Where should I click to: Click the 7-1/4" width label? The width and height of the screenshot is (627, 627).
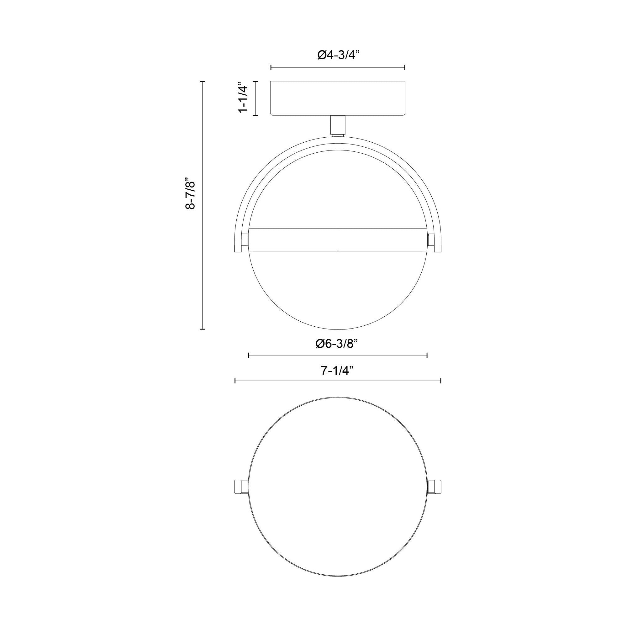pyautogui.click(x=337, y=370)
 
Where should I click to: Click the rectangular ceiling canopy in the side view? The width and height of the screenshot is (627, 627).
pyautogui.click(x=338, y=98)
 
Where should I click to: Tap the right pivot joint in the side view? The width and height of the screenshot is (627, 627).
pyautogui.click(x=431, y=240)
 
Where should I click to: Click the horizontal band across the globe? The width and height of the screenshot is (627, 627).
pyautogui.click(x=338, y=240)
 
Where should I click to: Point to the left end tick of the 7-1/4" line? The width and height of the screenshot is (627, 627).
pyautogui.click(x=235, y=381)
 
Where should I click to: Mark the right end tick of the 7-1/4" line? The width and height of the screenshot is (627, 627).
pyautogui.click(x=441, y=381)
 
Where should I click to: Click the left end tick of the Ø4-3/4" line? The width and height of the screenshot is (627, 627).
pyautogui.click(x=271, y=67)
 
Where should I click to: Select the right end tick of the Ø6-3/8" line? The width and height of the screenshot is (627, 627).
pyautogui.click(x=427, y=356)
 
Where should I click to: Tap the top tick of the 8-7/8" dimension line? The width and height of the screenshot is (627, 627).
pyautogui.click(x=203, y=82)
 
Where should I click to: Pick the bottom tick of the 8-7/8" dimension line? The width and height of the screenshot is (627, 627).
pyautogui.click(x=203, y=329)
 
